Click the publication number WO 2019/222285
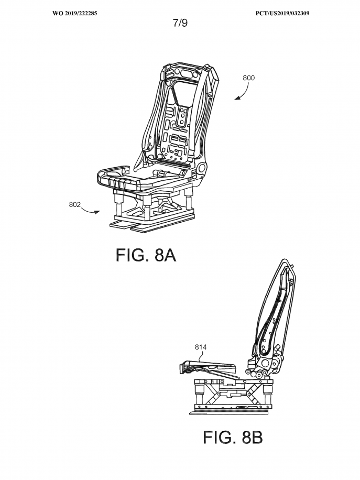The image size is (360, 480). [75, 13]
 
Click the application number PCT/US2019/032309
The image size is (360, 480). [282, 13]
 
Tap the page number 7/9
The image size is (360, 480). [180, 23]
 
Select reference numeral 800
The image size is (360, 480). [248, 78]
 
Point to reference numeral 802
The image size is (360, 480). [74, 204]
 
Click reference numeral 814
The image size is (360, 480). [201, 347]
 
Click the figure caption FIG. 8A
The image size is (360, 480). [146, 255]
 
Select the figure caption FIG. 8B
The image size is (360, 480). [233, 437]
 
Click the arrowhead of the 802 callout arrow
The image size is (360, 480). [97, 212]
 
